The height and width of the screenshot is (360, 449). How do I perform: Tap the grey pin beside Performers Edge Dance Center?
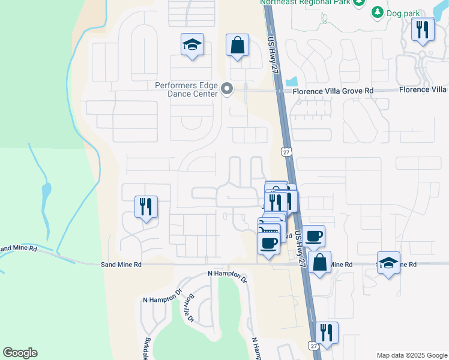coord(227,89)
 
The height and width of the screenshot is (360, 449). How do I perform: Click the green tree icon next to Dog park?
coord(377,12)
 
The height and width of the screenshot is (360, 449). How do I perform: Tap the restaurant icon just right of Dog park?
coord(423,29)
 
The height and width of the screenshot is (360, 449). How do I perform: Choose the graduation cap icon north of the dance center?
coord(192,44)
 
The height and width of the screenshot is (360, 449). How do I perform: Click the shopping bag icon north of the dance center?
coord(237,44)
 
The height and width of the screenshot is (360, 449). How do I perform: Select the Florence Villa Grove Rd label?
coord(333,91)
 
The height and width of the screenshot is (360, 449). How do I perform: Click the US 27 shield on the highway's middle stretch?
coord(287,154)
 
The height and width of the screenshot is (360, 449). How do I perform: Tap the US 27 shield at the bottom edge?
coord(313,346)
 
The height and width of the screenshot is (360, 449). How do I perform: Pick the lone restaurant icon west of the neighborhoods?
coord(146,207)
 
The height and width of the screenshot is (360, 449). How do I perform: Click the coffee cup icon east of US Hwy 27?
coord(313,236)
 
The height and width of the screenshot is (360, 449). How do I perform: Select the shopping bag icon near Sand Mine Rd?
coord(320,262)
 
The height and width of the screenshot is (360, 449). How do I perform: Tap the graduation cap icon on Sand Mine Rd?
coord(389,262)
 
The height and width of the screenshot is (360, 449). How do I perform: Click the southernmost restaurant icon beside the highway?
coord(326,332)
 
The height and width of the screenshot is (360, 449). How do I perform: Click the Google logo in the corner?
coord(20,353)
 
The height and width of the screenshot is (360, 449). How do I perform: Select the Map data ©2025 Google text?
coord(411,355)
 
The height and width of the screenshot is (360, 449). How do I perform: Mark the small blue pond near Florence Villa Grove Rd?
coord(292,80)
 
